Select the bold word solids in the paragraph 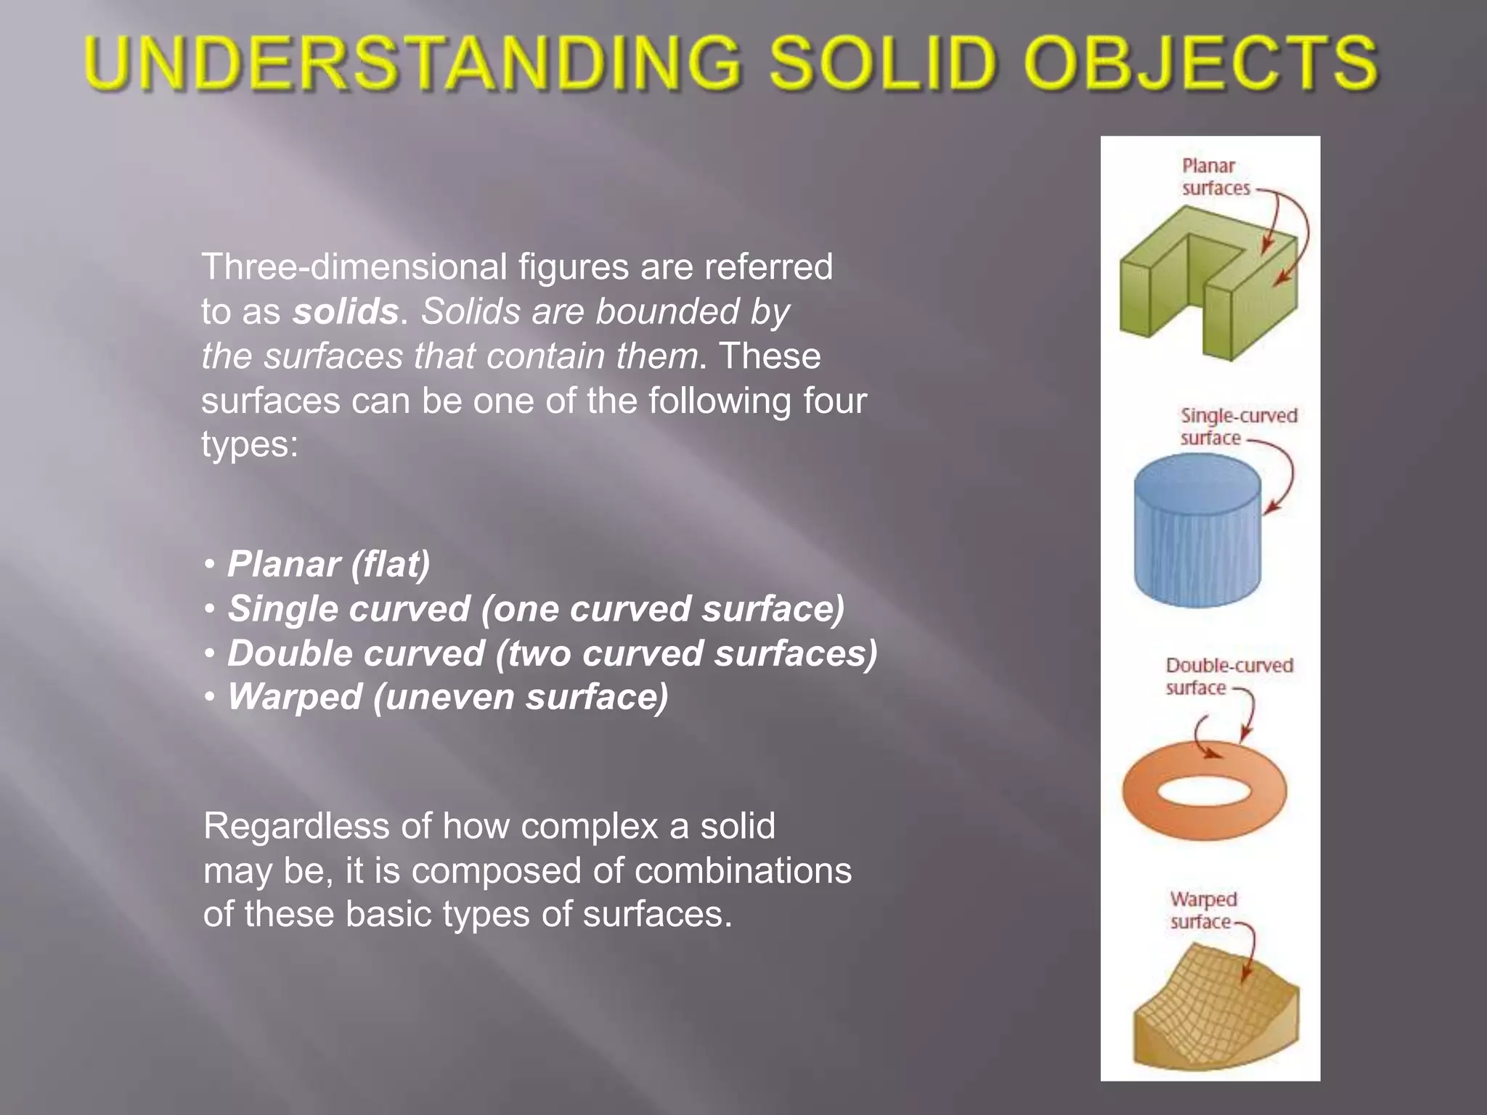click(x=346, y=312)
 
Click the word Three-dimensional click(x=354, y=267)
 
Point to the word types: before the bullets click(x=250, y=444)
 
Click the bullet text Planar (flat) click(x=328, y=564)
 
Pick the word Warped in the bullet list click(x=294, y=697)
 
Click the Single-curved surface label click(x=1237, y=427)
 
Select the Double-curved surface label click(x=1229, y=677)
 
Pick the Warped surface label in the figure click(x=1202, y=910)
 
